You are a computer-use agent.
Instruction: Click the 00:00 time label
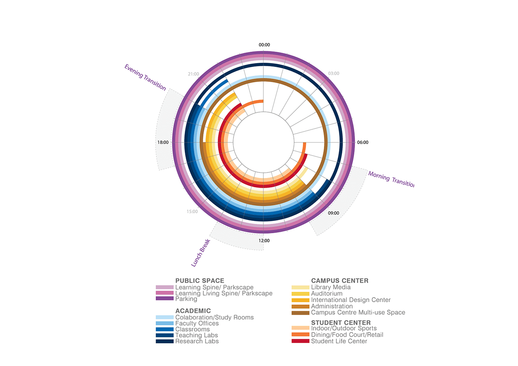pyautogui.click(x=264, y=45)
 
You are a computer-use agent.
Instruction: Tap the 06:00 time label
pyautogui.click(x=363, y=142)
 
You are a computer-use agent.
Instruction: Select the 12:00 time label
pyautogui.click(x=264, y=241)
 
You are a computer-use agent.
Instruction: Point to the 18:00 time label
pyautogui.click(x=163, y=142)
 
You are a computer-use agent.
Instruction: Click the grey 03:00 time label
pyautogui.click(x=334, y=74)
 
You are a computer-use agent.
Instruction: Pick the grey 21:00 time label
pyautogui.click(x=193, y=74)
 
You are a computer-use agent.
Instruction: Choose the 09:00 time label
pyautogui.click(x=334, y=213)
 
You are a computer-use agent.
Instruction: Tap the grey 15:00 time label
pyautogui.click(x=192, y=212)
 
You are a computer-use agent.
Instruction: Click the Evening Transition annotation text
pyautogui.click(x=145, y=77)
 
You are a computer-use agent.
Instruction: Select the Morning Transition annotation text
pyautogui.click(x=391, y=179)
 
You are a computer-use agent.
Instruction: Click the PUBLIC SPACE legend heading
pyautogui.click(x=200, y=281)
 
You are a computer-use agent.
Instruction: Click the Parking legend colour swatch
pyautogui.click(x=165, y=299)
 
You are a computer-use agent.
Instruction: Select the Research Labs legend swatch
pyautogui.click(x=165, y=341)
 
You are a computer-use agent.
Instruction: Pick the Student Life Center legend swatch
pyautogui.click(x=300, y=341)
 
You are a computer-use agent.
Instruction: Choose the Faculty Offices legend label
pyautogui.click(x=197, y=323)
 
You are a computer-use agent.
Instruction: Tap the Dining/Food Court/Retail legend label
pyautogui.click(x=347, y=335)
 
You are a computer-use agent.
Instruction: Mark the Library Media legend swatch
pyautogui.click(x=300, y=288)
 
